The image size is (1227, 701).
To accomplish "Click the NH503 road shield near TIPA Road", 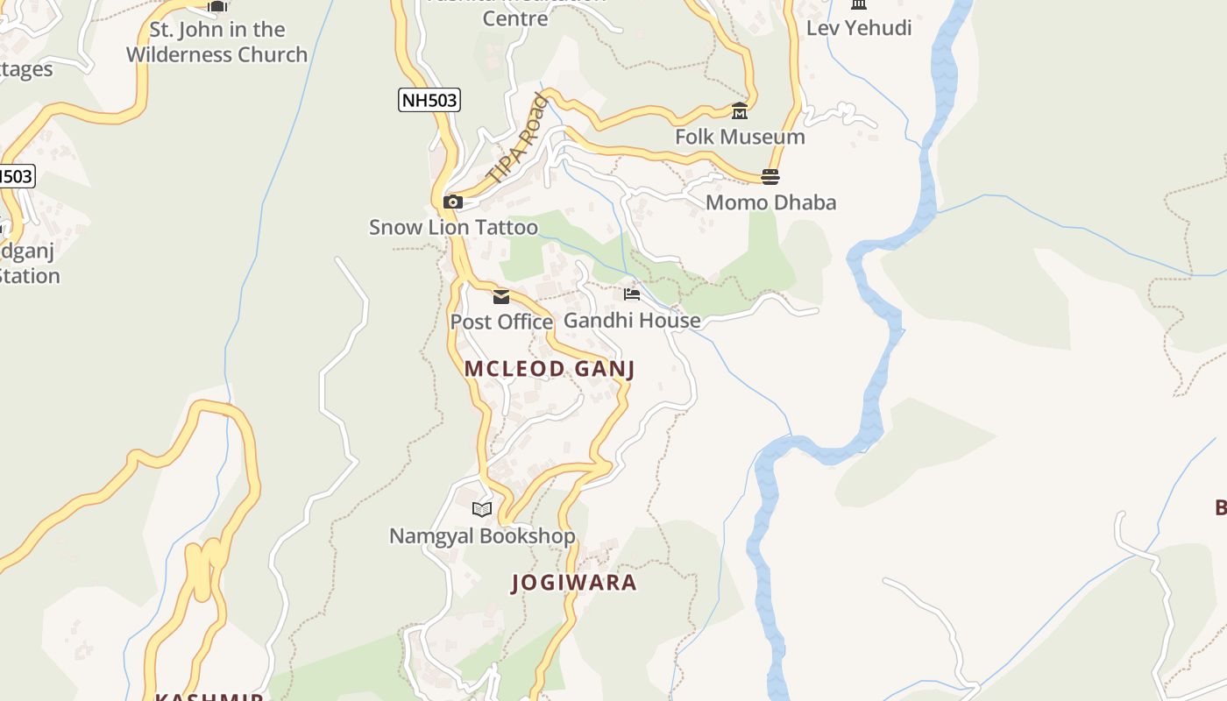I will click(429, 100).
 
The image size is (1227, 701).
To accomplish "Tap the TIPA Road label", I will click(518, 138).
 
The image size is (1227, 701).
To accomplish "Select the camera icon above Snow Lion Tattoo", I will click(453, 202).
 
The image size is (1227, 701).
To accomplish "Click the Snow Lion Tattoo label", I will click(453, 228).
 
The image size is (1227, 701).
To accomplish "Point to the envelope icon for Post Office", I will click(501, 297).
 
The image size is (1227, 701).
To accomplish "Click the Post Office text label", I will click(501, 322).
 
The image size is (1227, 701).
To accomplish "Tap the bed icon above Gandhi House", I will click(632, 294).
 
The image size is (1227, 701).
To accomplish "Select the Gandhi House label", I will click(632, 320).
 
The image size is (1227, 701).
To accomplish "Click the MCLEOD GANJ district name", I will click(550, 369).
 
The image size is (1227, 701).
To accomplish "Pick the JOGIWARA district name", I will click(574, 583).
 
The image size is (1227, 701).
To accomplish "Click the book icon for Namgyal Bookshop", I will click(482, 509).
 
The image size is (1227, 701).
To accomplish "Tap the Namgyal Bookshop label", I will click(482, 535).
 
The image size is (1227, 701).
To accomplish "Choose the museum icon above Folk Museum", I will click(740, 111).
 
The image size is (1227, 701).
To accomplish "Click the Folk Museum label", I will click(740, 137).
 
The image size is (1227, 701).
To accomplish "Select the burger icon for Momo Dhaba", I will click(770, 177).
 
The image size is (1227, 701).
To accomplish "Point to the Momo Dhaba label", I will click(770, 202).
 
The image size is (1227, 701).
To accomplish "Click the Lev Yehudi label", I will click(859, 28).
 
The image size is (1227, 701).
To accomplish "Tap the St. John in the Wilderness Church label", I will click(216, 42).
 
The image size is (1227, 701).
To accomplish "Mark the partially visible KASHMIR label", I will click(209, 697).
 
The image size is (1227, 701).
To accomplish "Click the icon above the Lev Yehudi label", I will click(859, 4).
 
